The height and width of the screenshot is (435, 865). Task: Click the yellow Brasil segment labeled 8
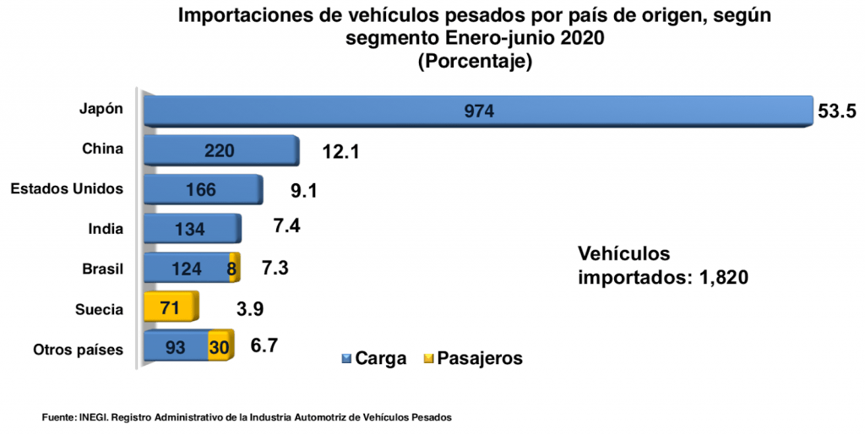pyautogui.click(x=233, y=268)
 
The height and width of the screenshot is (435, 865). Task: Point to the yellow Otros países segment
pyautogui.click(x=220, y=346)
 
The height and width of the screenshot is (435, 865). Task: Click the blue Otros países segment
pyautogui.click(x=176, y=346)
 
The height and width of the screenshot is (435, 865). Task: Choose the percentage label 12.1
pyautogui.click(x=340, y=152)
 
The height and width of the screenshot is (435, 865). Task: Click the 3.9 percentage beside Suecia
pyautogui.click(x=250, y=308)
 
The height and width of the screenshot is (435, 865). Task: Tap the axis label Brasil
pyautogui.click(x=103, y=269)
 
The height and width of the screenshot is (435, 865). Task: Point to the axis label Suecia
pyautogui.click(x=100, y=308)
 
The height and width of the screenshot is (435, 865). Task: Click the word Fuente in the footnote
pyautogui.click(x=58, y=417)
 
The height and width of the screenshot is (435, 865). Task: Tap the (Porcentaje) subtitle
pyautogui.click(x=475, y=61)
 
